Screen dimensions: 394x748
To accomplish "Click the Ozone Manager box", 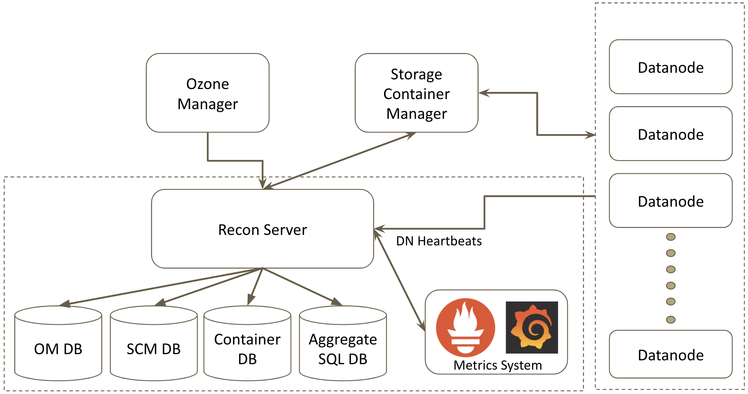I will pos(207,93).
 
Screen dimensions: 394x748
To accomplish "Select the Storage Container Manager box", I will pos(416,93).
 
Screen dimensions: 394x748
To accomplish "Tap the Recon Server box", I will pos(262,229).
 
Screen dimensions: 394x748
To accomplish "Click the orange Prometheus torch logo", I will pos(465,327).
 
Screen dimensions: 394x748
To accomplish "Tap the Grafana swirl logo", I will pos(532,327).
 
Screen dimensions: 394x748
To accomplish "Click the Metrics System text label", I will pos(498,365).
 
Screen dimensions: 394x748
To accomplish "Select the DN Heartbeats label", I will pos(439,241).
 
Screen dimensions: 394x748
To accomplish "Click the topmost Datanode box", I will pos(670,67).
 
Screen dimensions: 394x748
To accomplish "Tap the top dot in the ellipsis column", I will pos(670,237).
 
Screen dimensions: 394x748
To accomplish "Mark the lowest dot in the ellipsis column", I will pos(670,319).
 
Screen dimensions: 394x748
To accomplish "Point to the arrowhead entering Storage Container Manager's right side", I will pos(484,93).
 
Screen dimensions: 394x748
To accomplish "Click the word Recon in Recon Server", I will pos(237,230).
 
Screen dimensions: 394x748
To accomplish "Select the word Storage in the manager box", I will pos(416,74).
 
